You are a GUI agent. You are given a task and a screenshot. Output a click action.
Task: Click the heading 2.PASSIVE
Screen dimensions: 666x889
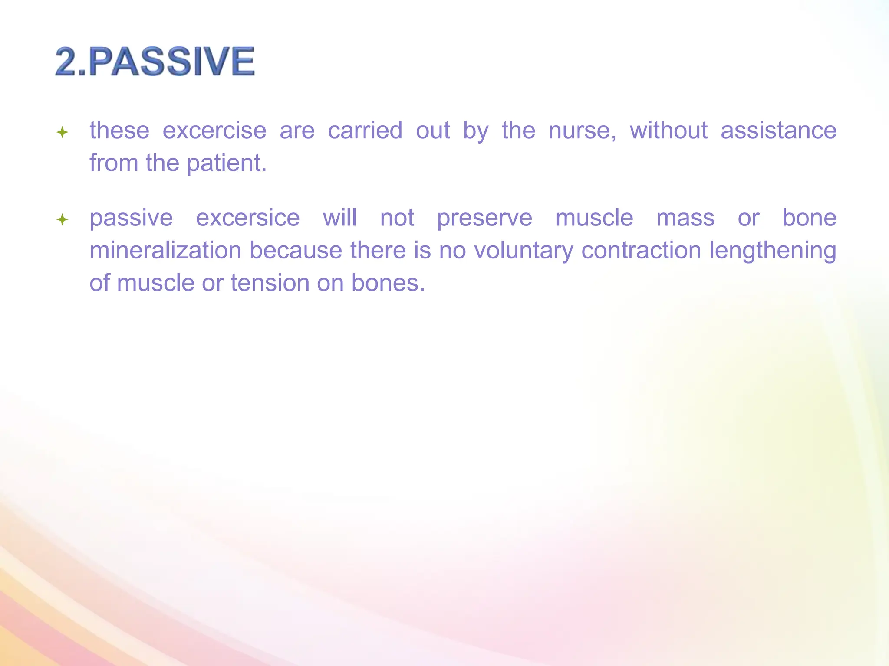tap(155, 62)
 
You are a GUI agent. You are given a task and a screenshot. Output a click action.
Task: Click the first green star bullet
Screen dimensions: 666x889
tap(63, 132)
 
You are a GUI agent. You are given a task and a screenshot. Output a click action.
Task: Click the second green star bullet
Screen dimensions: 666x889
tap(63, 219)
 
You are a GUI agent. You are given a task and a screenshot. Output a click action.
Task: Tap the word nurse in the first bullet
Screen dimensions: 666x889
tap(582, 131)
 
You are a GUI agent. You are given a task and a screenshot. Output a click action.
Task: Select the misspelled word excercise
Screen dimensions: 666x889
tap(214, 131)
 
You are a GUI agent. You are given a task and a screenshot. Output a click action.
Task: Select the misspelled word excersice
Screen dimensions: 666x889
tap(247, 218)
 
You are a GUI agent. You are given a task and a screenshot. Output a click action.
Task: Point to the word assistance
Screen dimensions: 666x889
tap(778, 131)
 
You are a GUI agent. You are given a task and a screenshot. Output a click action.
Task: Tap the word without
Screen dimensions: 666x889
tap(668, 131)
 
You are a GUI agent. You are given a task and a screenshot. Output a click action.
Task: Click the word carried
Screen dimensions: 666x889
tap(365, 131)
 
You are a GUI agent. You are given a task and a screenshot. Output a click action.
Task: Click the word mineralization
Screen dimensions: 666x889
tap(165, 251)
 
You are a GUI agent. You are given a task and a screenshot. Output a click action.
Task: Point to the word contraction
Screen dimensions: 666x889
tap(641, 251)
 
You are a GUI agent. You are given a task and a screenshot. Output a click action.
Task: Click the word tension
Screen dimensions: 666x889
tap(270, 283)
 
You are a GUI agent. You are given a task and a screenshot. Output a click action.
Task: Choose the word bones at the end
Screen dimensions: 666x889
tap(388, 283)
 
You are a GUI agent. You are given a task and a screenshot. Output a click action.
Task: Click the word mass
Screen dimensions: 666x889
tap(685, 218)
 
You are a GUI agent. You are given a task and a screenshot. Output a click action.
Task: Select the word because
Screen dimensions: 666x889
tap(296, 251)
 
